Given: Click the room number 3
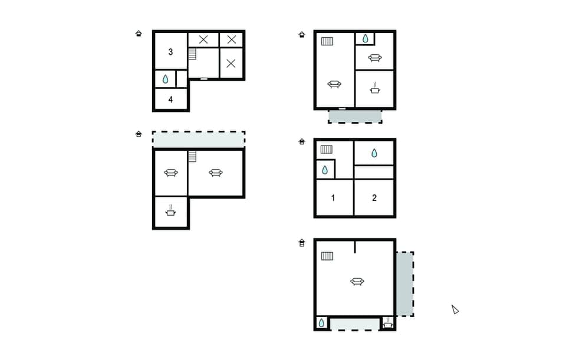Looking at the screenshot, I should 170,52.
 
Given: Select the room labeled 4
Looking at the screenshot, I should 170,99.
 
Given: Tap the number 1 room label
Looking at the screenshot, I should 333,197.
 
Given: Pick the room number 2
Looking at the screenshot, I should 374,197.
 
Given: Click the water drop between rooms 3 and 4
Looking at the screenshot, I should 166,79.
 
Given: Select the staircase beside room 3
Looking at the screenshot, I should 192,54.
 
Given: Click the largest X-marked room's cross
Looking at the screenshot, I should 231,63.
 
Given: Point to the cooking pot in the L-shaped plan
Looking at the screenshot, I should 170,211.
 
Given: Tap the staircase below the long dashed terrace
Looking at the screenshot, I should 192,156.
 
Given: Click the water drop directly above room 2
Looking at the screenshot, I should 374,153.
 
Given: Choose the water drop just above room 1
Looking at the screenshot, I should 325,170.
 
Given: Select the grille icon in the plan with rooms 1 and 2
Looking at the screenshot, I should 327,150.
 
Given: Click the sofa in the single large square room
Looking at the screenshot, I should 357,282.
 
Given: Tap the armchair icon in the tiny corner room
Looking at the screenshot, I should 387,323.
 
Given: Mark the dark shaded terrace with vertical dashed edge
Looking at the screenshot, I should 404,284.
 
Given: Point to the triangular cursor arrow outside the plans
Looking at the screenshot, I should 455,309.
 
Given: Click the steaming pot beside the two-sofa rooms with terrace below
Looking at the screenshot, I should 374,89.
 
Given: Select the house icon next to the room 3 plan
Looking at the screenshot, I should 139,34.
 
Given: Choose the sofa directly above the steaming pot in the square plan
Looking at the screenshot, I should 374,58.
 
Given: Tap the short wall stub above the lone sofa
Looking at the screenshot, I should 354,246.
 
